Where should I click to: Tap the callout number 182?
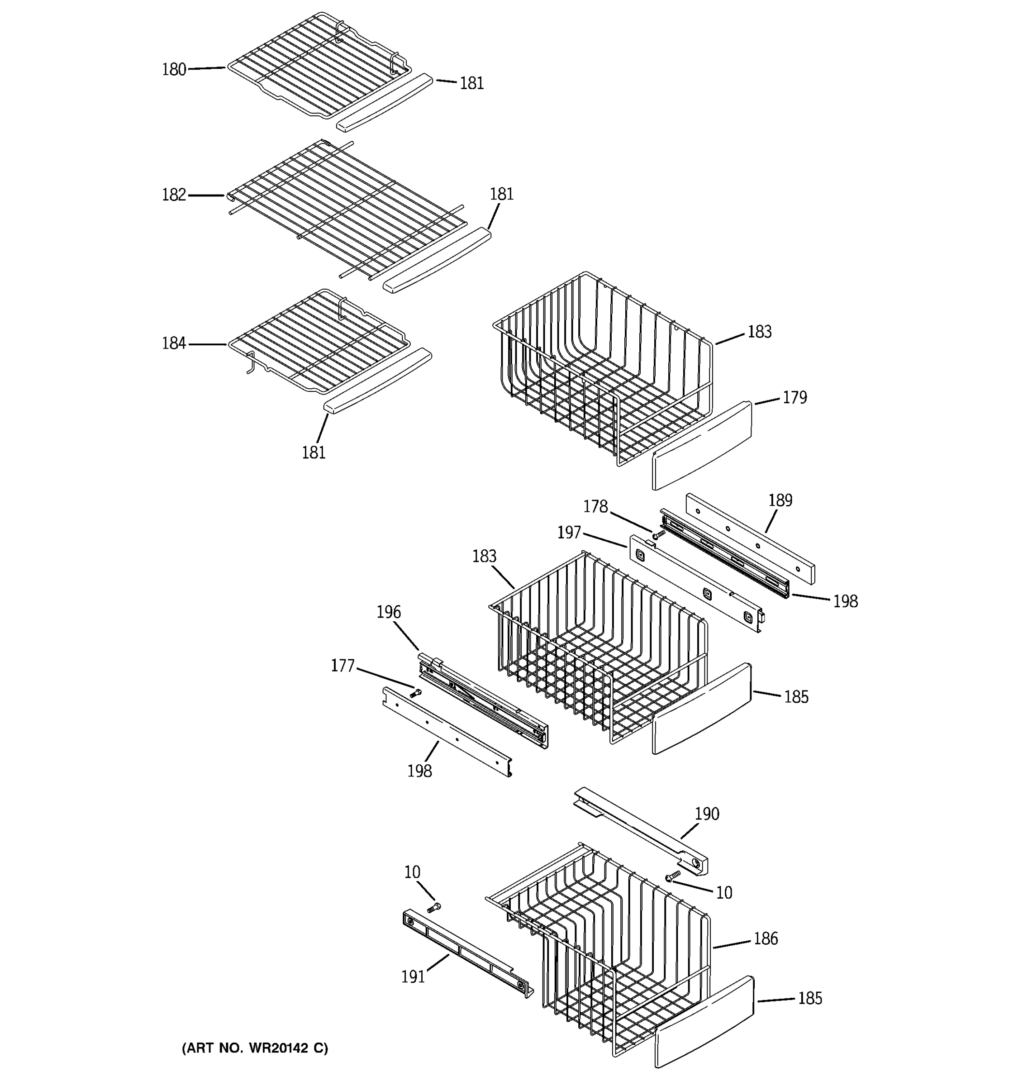(174, 195)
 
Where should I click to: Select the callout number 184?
(174, 343)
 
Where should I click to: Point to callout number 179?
(794, 398)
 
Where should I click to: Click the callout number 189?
(780, 500)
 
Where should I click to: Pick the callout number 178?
(595, 507)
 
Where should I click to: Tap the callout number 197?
(569, 533)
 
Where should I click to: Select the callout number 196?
(388, 612)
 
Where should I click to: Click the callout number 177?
(343, 666)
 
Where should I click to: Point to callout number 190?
(707, 814)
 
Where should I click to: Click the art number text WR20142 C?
(255, 1048)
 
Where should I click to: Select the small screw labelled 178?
(658, 533)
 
